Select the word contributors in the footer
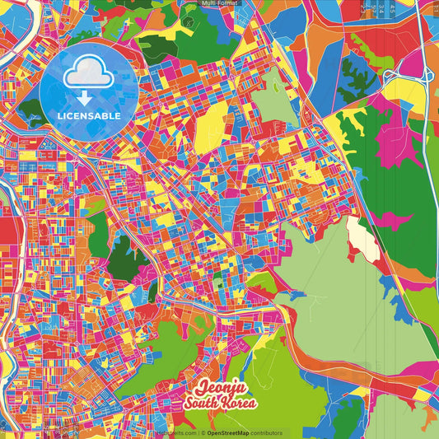point(266,432)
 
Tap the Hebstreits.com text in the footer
point(175,432)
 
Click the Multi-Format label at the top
point(219,3)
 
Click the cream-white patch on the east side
point(362,237)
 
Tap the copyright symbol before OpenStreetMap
point(203,432)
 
